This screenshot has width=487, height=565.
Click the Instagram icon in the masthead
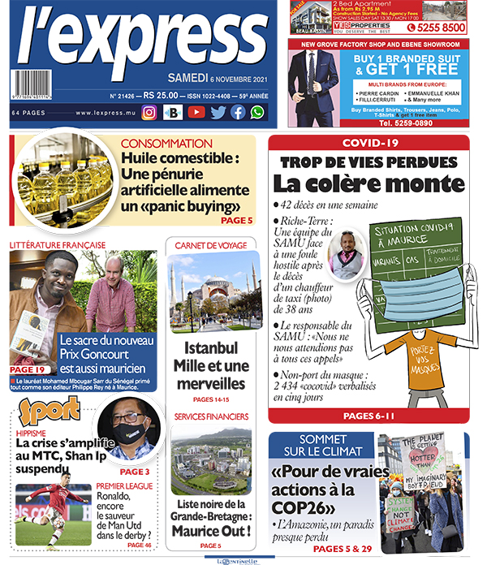149,113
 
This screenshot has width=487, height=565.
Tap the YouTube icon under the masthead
196,113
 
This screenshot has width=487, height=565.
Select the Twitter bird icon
218,113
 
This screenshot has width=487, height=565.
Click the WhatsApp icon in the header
257,113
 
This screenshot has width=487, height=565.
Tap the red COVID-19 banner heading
369,143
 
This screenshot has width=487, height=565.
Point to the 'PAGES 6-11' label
368,416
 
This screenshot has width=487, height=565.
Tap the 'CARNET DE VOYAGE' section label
209,246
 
